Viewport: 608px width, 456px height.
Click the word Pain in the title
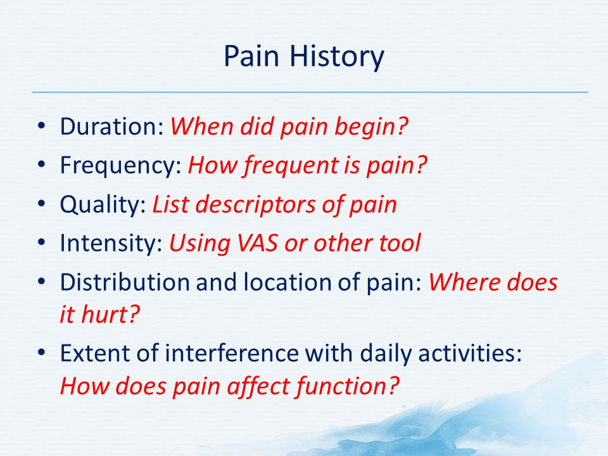point(251,55)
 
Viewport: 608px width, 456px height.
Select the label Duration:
point(112,126)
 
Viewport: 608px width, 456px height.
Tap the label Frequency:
point(121,166)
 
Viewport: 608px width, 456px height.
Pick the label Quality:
point(103,205)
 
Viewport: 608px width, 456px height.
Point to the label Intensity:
point(111,243)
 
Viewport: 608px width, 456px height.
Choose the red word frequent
point(291,166)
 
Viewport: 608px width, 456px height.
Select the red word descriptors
point(255,205)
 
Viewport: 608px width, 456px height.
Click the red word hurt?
point(110,313)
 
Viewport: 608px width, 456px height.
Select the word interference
point(232,353)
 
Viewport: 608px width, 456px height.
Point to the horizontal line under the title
point(310,92)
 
